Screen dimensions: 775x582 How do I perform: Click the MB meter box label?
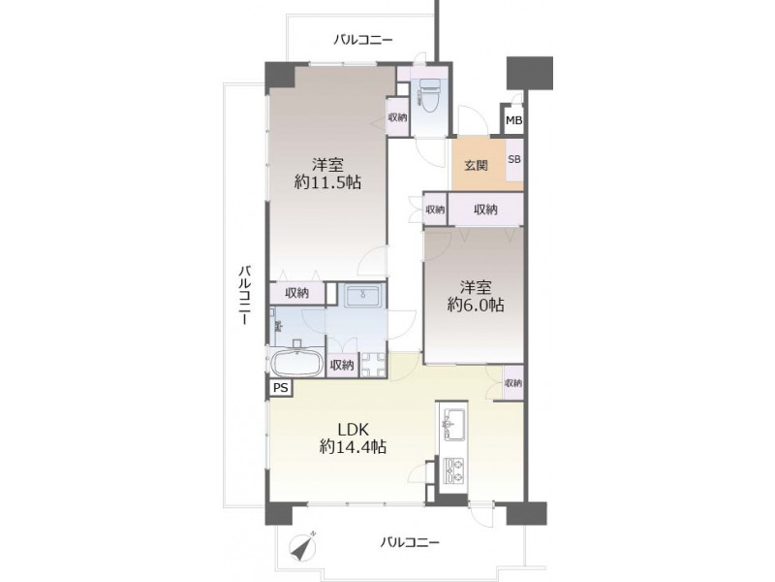coord(514,120)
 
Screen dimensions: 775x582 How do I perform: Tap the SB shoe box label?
coord(514,160)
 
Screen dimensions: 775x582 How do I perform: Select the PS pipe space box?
coord(281,387)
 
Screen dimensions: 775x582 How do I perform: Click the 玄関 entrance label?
coord(476,165)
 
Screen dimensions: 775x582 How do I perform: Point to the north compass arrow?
coord(302,546)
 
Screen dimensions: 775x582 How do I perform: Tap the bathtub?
coord(297,364)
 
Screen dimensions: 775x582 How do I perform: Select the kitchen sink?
coord(453,424)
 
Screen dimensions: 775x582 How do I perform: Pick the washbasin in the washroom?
coord(362,296)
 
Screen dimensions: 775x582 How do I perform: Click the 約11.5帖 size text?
coord(327,182)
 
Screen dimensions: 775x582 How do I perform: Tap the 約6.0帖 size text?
coord(476,305)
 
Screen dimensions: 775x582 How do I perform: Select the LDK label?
coord(354,429)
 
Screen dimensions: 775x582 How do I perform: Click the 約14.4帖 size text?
coord(353,447)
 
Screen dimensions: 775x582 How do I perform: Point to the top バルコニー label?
coord(362,40)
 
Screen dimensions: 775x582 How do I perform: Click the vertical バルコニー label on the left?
coord(245,295)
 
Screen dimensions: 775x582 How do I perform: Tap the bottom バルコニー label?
coord(409,542)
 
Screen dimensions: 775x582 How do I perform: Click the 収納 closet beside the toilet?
coord(397,117)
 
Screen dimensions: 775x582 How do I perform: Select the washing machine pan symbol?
coord(373,365)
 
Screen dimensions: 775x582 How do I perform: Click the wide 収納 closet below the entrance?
coord(485,210)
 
